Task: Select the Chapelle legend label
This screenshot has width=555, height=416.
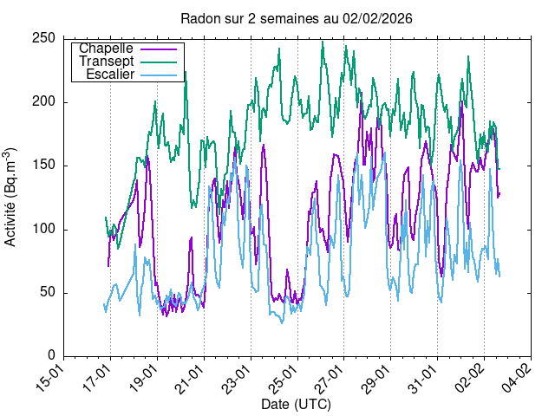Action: tap(111, 49)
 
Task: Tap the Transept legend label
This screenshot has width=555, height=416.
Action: tap(105, 62)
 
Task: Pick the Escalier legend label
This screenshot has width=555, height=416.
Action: tap(109, 75)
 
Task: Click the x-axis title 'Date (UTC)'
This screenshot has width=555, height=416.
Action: tap(296, 405)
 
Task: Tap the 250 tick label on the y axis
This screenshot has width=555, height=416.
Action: tap(46, 39)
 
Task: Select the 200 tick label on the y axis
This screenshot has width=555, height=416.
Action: tap(46, 102)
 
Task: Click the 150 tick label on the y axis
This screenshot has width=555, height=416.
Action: tap(46, 166)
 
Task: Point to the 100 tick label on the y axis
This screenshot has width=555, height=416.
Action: tap(46, 229)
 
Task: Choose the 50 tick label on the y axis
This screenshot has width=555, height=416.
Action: tap(49, 292)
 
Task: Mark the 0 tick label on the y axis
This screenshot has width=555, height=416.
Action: tap(53, 355)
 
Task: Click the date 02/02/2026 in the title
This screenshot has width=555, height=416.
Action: tap(380, 18)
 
